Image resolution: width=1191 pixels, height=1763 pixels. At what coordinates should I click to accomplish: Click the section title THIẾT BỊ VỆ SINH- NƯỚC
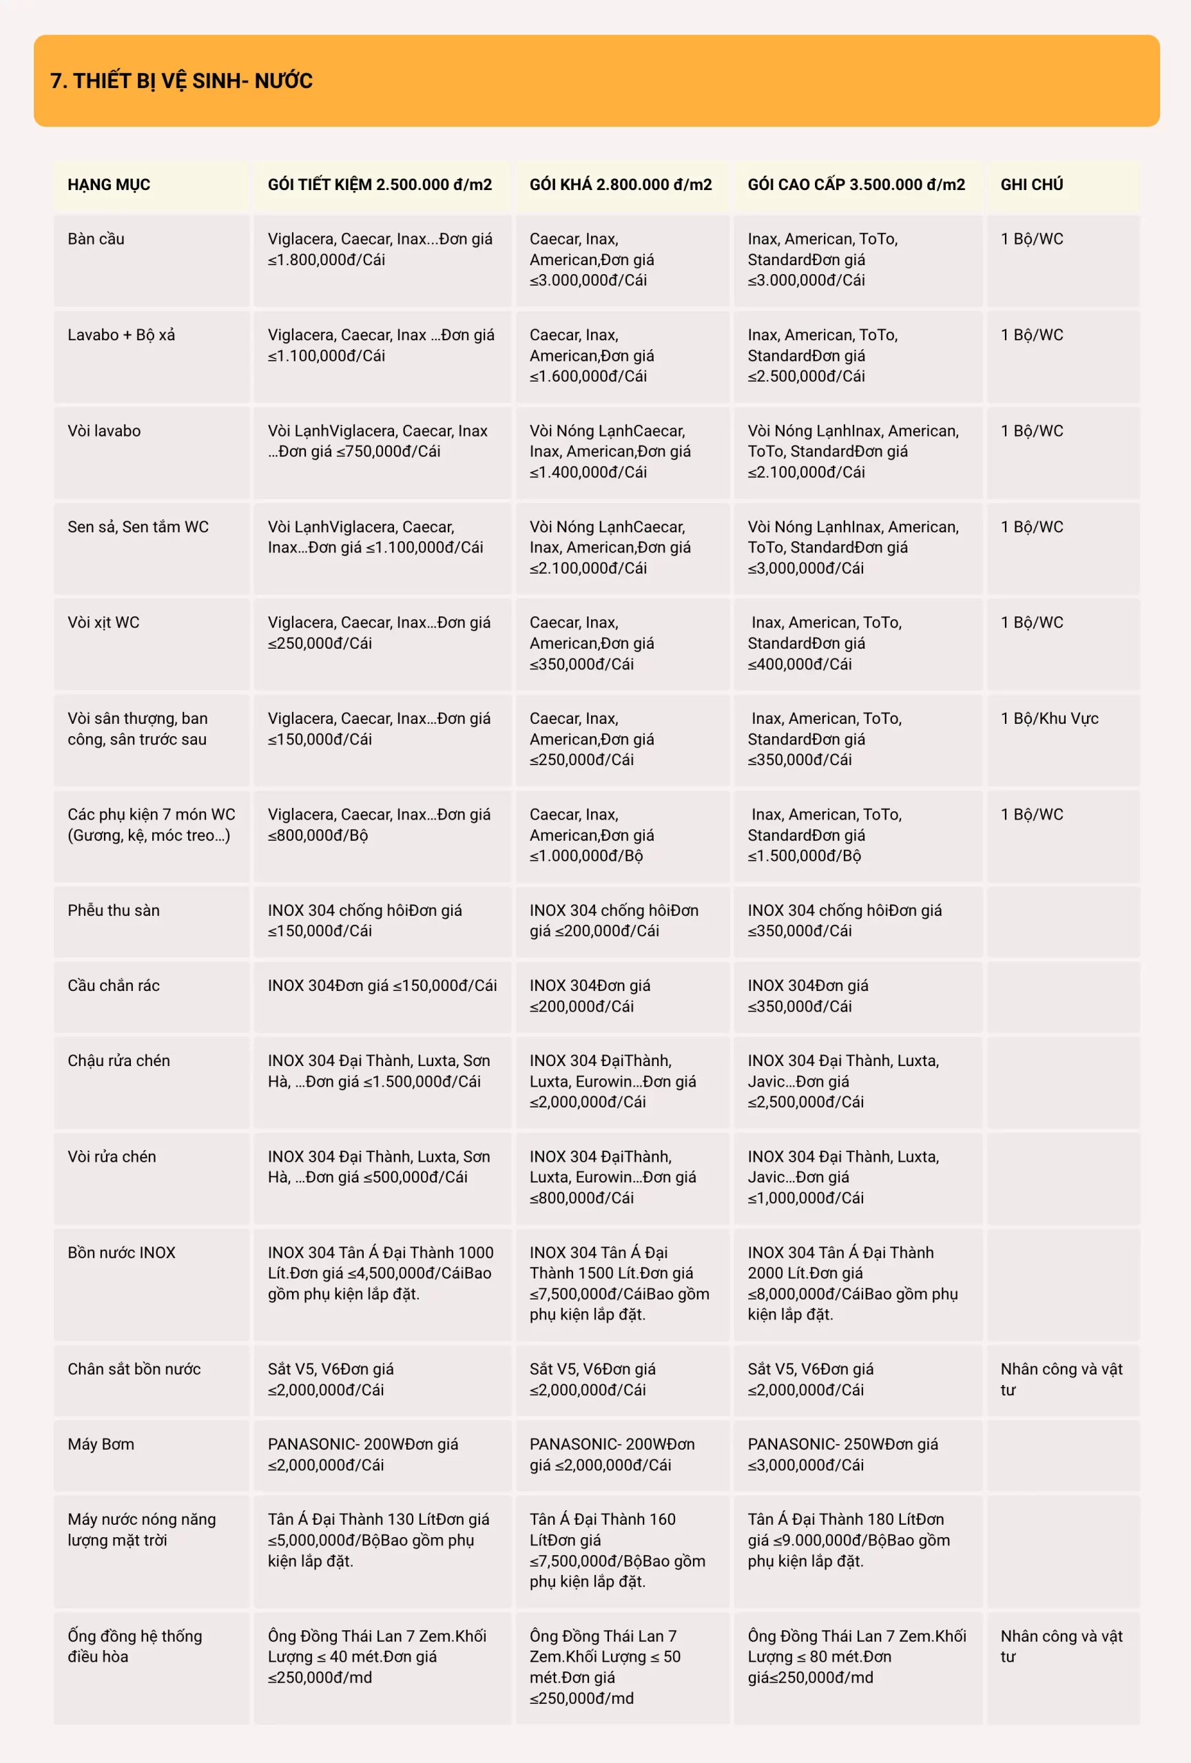(x=181, y=81)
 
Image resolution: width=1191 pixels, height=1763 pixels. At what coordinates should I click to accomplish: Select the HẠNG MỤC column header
(x=110, y=185)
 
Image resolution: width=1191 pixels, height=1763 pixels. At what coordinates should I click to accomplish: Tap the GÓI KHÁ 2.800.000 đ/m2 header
(x=621, y=185)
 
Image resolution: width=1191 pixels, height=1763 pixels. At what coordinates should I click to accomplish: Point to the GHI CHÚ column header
(x=1032, y=185)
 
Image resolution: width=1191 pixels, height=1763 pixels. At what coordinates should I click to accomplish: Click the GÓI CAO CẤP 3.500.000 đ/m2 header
(x=856, y=185)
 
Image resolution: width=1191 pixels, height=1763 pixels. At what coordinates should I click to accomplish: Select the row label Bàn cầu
(x=96, y=239)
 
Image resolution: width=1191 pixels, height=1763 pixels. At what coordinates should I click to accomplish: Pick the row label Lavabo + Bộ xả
(x=121, y=335)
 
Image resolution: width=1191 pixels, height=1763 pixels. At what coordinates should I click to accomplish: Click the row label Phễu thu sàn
(x=114, y=910)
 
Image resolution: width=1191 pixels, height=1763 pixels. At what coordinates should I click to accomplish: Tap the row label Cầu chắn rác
(x=114, y=985)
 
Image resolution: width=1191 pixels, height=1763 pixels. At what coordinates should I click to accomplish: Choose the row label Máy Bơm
(x=101, y=1443)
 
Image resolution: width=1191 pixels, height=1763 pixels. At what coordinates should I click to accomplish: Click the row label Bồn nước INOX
(x=121, y=1253)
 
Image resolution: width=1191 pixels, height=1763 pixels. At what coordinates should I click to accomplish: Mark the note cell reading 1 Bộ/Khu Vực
(x=1049, y=718)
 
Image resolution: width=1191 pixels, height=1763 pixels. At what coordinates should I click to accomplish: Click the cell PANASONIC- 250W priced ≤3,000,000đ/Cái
(x=843, y=1454)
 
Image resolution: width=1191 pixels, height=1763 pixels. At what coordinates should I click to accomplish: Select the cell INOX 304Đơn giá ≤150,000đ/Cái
(x=382, y=985)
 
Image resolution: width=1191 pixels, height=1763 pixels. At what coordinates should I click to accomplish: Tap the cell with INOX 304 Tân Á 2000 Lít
(x=853, y=1283)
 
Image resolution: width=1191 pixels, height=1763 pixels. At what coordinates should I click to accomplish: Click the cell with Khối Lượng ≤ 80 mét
(x=856, y=1656)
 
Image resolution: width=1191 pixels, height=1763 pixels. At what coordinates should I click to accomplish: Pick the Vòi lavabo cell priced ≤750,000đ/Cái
(x=377, y=441)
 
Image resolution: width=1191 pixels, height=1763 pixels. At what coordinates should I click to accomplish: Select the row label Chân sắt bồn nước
(x=134, y=1368)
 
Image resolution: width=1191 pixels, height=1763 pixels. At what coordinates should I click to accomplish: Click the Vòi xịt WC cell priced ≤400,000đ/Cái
(x=825, y=643)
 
